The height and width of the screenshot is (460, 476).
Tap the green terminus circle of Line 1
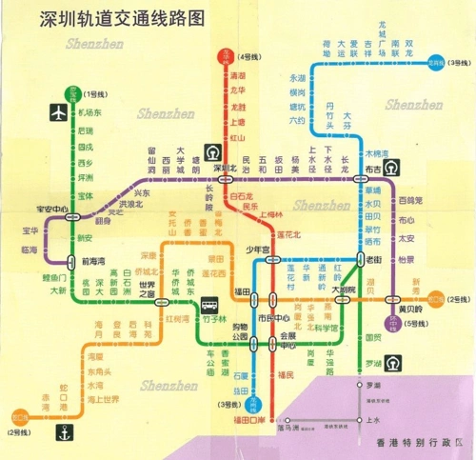click(70, 94)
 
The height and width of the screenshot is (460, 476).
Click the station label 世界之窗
click(147, 290)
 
